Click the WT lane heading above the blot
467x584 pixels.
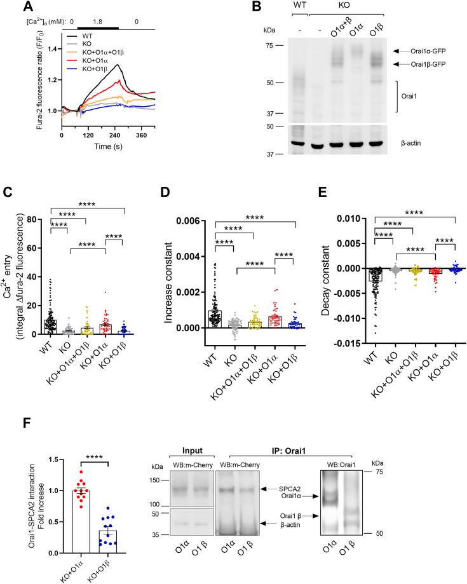click(x=298, y=7)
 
